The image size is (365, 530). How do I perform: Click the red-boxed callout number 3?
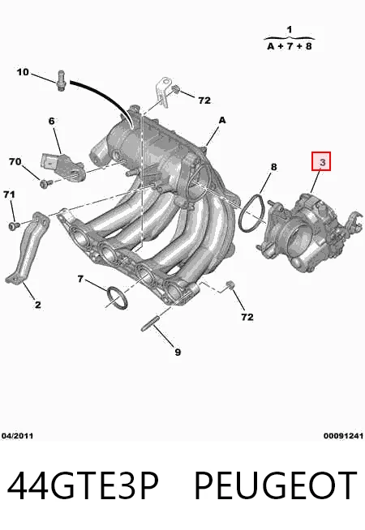click(322, 162)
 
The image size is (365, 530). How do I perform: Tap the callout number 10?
click(23, 72)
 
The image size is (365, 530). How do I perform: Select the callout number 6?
click(51, 121)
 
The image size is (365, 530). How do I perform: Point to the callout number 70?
click(15, 162)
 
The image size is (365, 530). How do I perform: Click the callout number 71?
click(9, 194)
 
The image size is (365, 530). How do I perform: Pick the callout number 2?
click(38, 304)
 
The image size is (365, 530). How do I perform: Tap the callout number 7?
click(80, 279)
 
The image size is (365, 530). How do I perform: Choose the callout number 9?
click(178, 352)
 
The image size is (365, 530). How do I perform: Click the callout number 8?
click(273, 167)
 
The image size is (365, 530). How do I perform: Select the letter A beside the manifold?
click(222, 120)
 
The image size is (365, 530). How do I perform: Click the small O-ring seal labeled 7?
click(117, 298)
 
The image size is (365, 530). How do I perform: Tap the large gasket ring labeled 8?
click(252, 212)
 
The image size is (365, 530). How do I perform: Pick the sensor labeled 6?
click(62, 165)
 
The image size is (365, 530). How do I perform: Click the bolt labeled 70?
click(45, 183)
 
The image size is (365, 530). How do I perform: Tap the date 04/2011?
click(18, 436)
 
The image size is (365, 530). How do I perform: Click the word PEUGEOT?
click(275, 485)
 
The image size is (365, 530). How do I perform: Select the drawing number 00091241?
click(343, 436)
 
